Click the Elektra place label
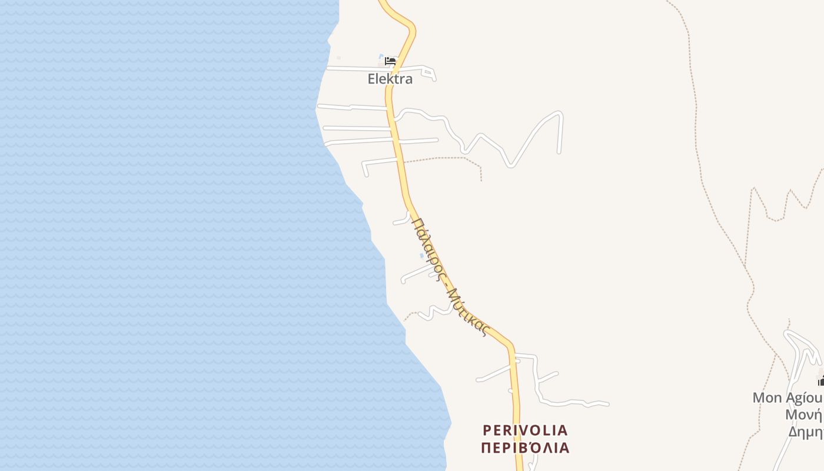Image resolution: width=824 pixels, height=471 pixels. tap(390, 79)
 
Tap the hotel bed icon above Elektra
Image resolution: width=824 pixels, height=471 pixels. tap(390, 61)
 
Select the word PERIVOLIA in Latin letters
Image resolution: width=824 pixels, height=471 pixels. tap(525, 430)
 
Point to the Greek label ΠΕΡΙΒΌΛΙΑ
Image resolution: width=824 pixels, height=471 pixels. tap(525, 448)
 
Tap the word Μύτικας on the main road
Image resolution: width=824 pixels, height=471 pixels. tap(468, 312)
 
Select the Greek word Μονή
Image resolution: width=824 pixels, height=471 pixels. tap(803, 414)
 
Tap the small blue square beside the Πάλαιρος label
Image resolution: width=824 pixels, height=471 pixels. tap(421, 256)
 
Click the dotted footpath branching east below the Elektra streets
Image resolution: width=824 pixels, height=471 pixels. tap(447, 158)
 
